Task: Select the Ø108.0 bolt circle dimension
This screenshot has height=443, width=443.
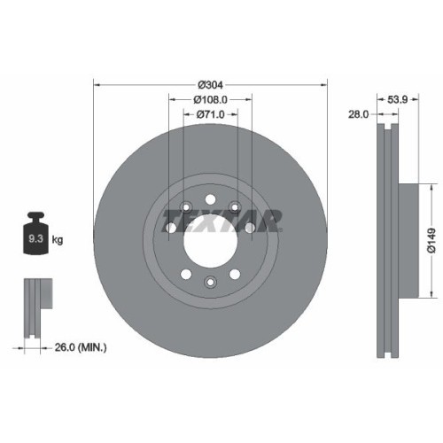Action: (210, 100)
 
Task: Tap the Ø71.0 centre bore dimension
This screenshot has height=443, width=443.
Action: (210, 114)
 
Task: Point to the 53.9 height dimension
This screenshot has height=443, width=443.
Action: (399, 100)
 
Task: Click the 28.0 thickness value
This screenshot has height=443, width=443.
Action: (360, 114)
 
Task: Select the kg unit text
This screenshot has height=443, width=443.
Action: (58, 239)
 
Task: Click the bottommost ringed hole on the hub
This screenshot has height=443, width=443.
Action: (210, 282)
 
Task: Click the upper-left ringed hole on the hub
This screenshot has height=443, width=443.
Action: (186, 208)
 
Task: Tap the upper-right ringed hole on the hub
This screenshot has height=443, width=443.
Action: (234, 208)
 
